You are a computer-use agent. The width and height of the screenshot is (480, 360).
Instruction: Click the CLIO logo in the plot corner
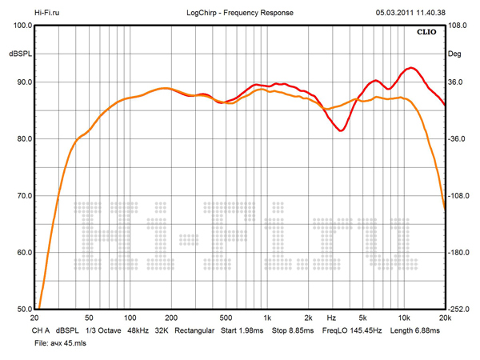426,33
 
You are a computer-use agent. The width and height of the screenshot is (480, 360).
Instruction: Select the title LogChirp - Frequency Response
240,13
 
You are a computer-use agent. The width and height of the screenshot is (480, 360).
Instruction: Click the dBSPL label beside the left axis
19,53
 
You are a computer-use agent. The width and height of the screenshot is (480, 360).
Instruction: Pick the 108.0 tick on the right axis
458,26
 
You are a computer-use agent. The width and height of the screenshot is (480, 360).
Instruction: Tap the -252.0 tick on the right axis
460,309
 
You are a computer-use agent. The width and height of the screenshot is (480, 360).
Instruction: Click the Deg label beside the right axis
455,53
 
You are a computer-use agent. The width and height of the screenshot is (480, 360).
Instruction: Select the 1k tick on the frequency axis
268,318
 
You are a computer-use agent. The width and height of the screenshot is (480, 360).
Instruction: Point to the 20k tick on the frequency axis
445,318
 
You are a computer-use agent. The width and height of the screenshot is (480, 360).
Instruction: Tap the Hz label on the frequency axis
330,318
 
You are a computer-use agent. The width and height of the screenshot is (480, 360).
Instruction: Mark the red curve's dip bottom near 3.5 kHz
342,130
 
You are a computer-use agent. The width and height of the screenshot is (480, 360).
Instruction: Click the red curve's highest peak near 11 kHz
411,68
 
